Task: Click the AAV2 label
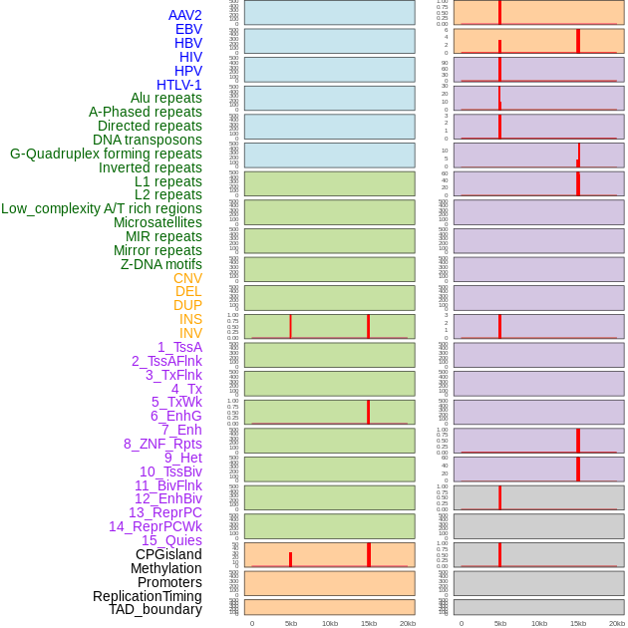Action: [184, 15]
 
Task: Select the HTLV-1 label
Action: [178, 85]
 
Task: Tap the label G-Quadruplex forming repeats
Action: [106, 154]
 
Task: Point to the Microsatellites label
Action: [157, 222]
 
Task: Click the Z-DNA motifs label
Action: [161, 264]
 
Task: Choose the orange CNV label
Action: [187, 278]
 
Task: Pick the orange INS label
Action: [190, 319]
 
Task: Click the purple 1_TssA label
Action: [179, 347]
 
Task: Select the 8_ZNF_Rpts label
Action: [162, 444]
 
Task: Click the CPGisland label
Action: [168, 554]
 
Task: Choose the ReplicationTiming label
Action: [148, 596]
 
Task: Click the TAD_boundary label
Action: [156, 609]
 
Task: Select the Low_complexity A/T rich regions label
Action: [102, 208]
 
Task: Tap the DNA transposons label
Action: [148, 140]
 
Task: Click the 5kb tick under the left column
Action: [291, 623]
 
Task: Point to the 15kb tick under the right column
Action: [578, 623]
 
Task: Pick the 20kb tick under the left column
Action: [408, 623]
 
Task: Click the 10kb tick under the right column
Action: [539, 623]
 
